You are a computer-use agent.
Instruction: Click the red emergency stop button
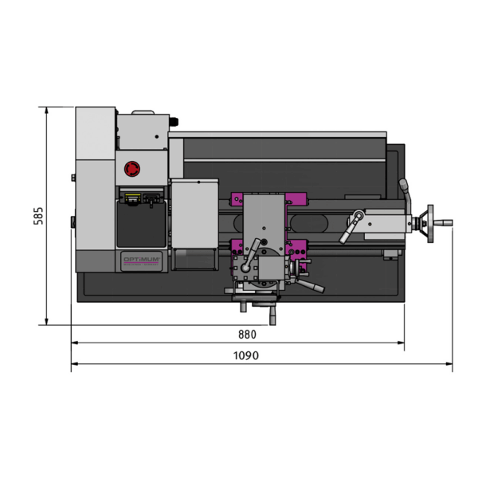[x=132, y=169]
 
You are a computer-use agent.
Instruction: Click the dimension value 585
[x=38, y=216]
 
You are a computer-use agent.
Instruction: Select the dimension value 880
[x=247, y=335]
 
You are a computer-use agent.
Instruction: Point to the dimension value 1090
[x=246, y=355]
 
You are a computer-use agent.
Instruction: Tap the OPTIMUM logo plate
[x=141, y=261]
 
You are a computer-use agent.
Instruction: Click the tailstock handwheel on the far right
[x=430, y=223]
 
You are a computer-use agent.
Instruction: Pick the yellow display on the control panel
[x=132, y=197]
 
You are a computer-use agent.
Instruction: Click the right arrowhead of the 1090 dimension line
[x=449, y=364]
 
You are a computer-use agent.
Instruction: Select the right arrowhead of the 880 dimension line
[x=401, y=343]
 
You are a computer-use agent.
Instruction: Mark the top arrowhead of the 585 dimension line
[x=46, y=111]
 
